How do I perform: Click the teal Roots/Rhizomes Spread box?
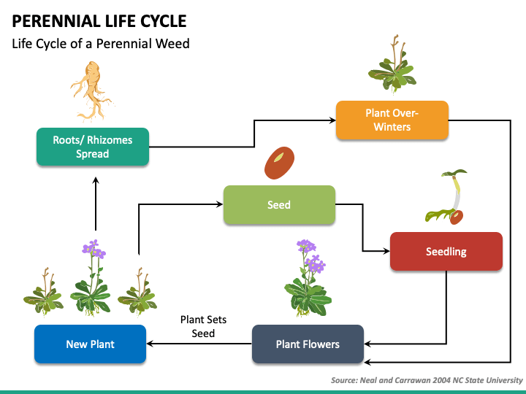tap(93, 147)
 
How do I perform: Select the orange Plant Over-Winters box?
tap(392, 120)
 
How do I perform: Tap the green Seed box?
tap(279, 205)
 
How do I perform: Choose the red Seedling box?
tap(446, 251)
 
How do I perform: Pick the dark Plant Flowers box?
tap(308, 344)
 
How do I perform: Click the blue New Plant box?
tap(91, 344)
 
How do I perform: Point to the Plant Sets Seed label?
tap(203, 326)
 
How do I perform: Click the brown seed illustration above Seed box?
tap(279, 163)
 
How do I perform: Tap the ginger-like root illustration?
tap(91, 91)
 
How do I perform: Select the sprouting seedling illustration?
tap(446, 197)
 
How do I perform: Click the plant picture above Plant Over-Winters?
tap(392, 63)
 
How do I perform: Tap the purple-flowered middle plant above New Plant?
tap(91, 278)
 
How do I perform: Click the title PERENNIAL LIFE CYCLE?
tap(99, 21)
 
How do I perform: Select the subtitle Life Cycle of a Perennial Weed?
tap(101, 44)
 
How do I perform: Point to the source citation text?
tap(427, 380)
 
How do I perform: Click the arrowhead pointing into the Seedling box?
tap(386, 250)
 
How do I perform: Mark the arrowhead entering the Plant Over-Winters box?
tap(332, 120)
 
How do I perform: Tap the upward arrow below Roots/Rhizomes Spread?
tap(96, 204)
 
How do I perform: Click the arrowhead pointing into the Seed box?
tap(220, 204)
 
